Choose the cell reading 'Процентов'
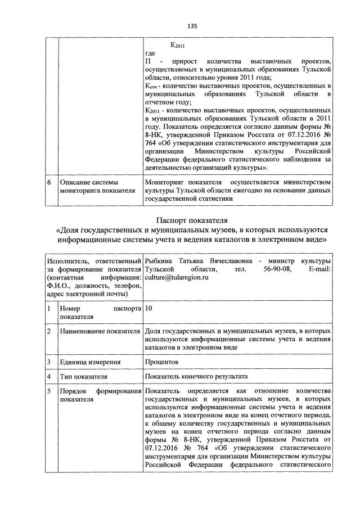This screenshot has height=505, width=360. point(161,362)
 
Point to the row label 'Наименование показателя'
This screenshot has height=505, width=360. point(100,332)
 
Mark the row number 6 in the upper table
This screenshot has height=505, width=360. point(49,183)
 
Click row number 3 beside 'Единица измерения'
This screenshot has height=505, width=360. point(49,362)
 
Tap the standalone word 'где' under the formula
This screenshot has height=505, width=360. point(150,53)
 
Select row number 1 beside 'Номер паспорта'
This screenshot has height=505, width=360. point(49,309)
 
